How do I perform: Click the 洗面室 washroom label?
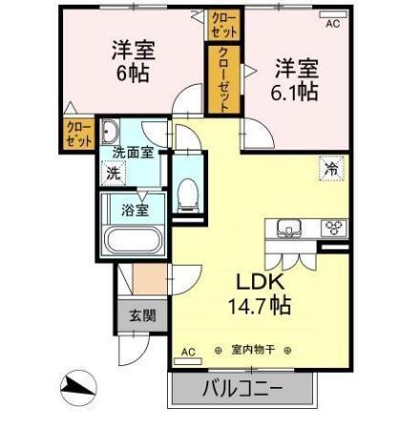134,152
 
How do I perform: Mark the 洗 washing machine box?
114,174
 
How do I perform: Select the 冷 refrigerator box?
330,167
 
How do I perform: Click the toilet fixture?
187,194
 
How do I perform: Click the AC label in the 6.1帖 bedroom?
333,26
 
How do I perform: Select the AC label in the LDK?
187,352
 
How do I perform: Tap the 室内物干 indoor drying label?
253,351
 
